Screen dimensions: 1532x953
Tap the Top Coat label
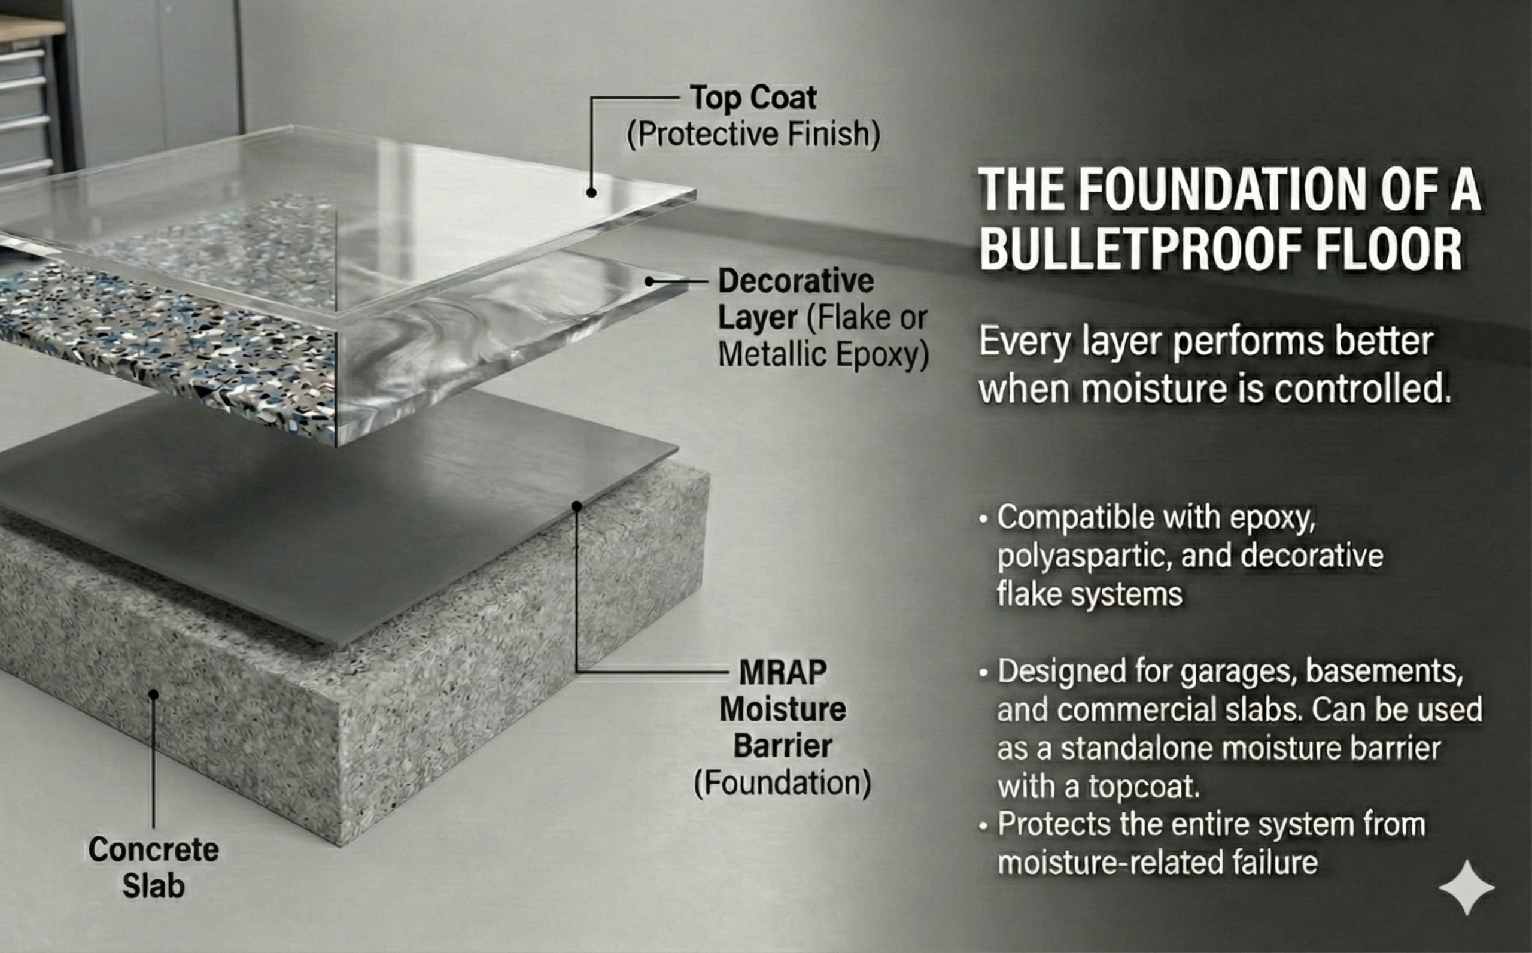click(x=753, y=98)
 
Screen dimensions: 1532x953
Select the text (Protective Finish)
click(x=753, y=134)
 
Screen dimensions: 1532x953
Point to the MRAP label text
click(x=783, y=672)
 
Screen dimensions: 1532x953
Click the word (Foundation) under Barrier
click(x=782, y=784)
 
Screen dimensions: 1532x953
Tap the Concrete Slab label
click(x=153, y=867)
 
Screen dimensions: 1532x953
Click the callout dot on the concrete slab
click(x=153, y=694)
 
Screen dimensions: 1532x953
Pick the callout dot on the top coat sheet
click(x=591, y=193)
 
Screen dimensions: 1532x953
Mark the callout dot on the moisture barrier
click(x=576, y=505)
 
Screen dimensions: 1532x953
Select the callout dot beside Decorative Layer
click(x=649, y=281)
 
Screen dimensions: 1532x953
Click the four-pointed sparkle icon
click(x=1467, y=887)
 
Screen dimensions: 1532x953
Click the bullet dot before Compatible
click(x=984, y=520)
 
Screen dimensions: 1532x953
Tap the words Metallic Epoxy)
click(x=823, y=354)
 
